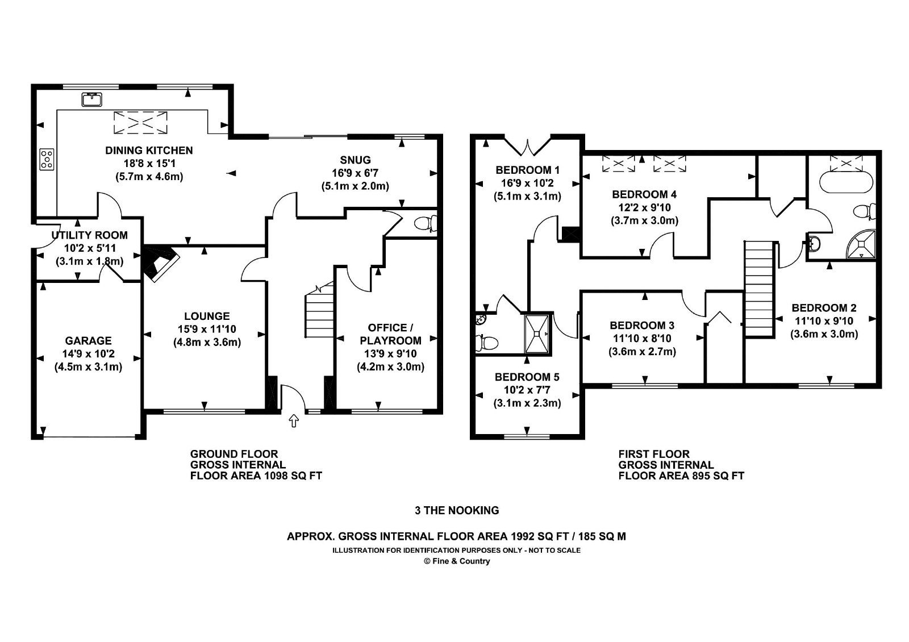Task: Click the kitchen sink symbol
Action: (91, 99)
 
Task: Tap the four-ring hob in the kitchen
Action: (47, 159)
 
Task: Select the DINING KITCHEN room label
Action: (149, 151)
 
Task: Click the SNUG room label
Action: (355, 160)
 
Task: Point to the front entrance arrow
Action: (293, 421)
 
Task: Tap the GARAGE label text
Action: (88, 340)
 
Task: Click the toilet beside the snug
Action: (426, 223)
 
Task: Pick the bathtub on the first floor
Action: (846, 182)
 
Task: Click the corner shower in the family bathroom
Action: (861, 244)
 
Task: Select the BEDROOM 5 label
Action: (527, 377)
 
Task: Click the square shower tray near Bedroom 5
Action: (537, 333)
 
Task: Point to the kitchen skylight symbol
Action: (140, 122)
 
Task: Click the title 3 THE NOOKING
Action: (457, 511)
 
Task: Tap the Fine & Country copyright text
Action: (457, 561)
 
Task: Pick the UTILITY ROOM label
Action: (89, 235)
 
